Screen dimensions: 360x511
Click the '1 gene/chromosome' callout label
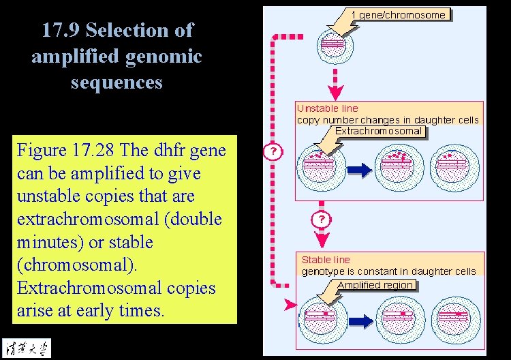(x=399, y=15)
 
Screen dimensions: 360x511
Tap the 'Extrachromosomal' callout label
(x=378, y=132)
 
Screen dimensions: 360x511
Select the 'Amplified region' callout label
(x=375, y=285)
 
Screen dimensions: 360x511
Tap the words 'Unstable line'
(x=327, y=108)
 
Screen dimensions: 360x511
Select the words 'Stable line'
(x=326, y=260)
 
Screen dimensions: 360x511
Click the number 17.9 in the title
(x=61, y=31)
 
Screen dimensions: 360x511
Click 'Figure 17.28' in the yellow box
(x=60, y=150)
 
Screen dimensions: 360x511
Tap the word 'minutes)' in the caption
(x=47, y=242)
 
